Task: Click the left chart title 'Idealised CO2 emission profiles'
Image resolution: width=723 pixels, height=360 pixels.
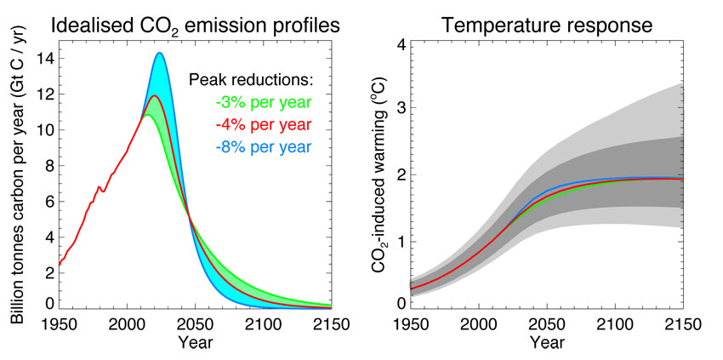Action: point(196,25)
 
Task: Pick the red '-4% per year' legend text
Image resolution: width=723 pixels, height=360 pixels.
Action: point(263,125)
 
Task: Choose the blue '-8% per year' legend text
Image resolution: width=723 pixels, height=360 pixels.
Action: point(263,146)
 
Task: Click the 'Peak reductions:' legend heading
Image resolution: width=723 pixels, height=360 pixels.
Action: point(251,82)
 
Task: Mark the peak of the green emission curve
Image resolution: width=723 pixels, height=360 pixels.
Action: point(147,115)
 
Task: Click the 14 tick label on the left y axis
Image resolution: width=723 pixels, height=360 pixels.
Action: point(43,59)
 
